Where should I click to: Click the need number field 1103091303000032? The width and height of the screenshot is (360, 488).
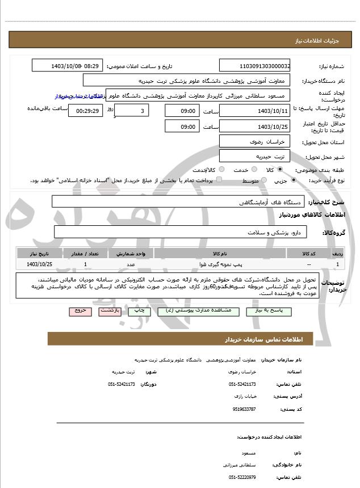tap(254, 66)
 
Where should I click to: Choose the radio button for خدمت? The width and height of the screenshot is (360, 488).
tap(253, 170)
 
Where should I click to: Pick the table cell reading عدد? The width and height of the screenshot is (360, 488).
tap(131, 264)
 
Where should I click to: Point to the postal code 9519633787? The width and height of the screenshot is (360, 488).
tap(244, 409)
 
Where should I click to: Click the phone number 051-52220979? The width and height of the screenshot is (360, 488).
tap(242, 477)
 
